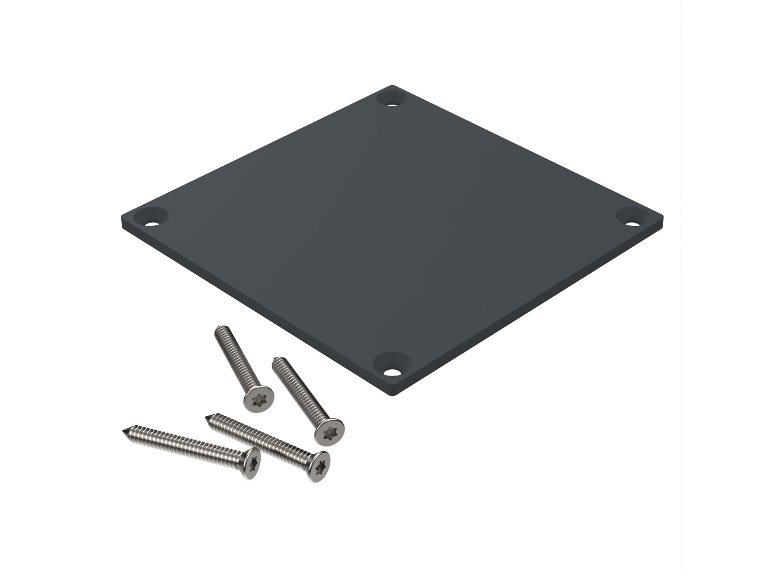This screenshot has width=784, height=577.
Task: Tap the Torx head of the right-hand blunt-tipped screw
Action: pos(329,432)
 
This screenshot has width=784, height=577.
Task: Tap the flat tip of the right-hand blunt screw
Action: pos(277,361)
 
